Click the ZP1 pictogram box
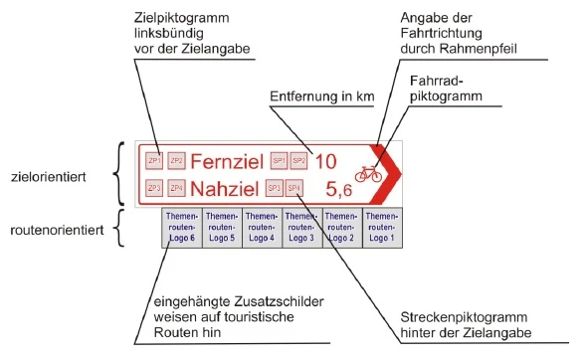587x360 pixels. point(154,160)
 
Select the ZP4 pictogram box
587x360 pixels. point(176,187)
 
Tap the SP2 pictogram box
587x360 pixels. point(299,160)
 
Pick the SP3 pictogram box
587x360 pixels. point(274,187)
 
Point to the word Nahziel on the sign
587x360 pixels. point(224,188)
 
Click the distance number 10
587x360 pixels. point(326,160)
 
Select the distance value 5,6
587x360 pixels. point(339,188)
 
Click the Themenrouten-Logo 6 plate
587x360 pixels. point(181,228)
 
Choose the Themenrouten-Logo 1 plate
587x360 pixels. point(381,228)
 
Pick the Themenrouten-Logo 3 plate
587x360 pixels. point(301,228)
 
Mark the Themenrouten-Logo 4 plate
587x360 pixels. point(262,228)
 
